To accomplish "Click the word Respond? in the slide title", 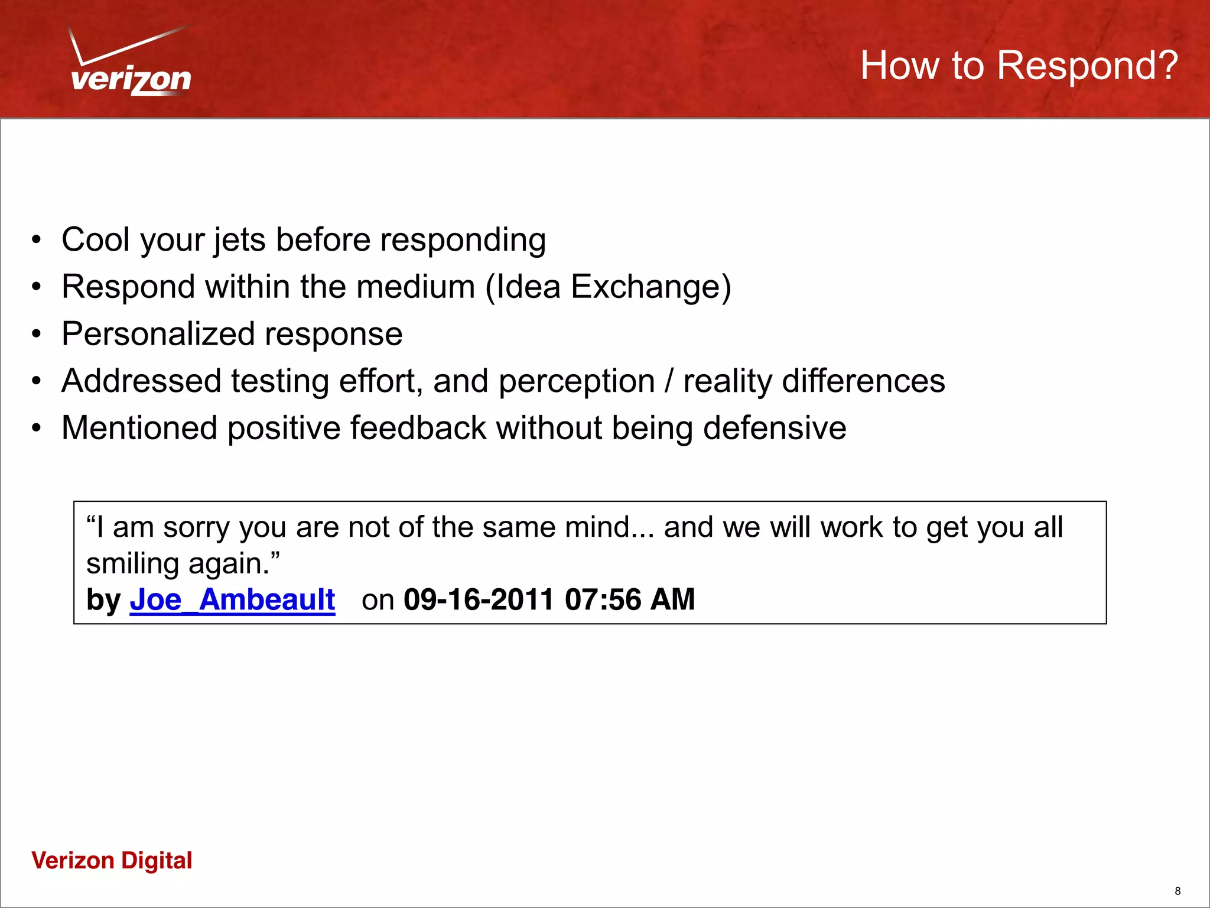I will tap(1087, 65).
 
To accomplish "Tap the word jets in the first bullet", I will tap(239, 241).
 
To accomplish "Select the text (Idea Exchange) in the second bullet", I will tap(608, 287).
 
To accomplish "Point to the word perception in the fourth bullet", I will tap(577, 381).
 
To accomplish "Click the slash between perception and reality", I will tap(669, 381).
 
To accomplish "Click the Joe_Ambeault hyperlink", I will tap(232, 600).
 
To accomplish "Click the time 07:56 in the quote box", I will tap(603, 600).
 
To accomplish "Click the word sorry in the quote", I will tap(196, 527).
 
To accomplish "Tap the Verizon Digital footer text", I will tap(112, 861).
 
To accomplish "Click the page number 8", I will tap(1178, 891).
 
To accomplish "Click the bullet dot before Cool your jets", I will tap(37, 241).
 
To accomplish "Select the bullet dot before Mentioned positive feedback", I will tap(37, 428).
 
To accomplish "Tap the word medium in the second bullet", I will tap(415, 287).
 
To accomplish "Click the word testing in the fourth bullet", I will tap(279, 381).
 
